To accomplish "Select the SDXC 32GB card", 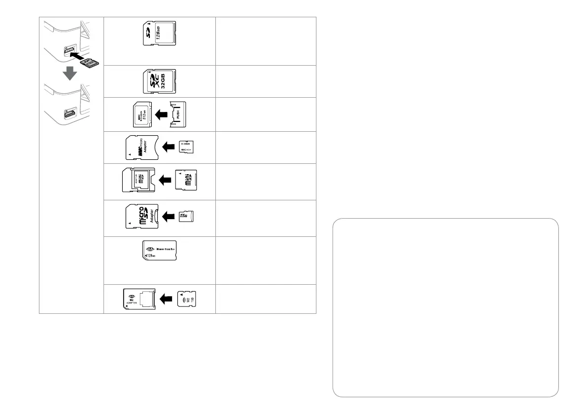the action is click(159, 81).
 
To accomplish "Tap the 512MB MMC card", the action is click(141, 114).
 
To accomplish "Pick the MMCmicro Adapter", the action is click(141, 147).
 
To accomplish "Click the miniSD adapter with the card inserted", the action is click(138, 181).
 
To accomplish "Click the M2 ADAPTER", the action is click(139, 299).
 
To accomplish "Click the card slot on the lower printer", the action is click(68, 115).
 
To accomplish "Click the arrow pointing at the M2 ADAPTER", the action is click(167, 299).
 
